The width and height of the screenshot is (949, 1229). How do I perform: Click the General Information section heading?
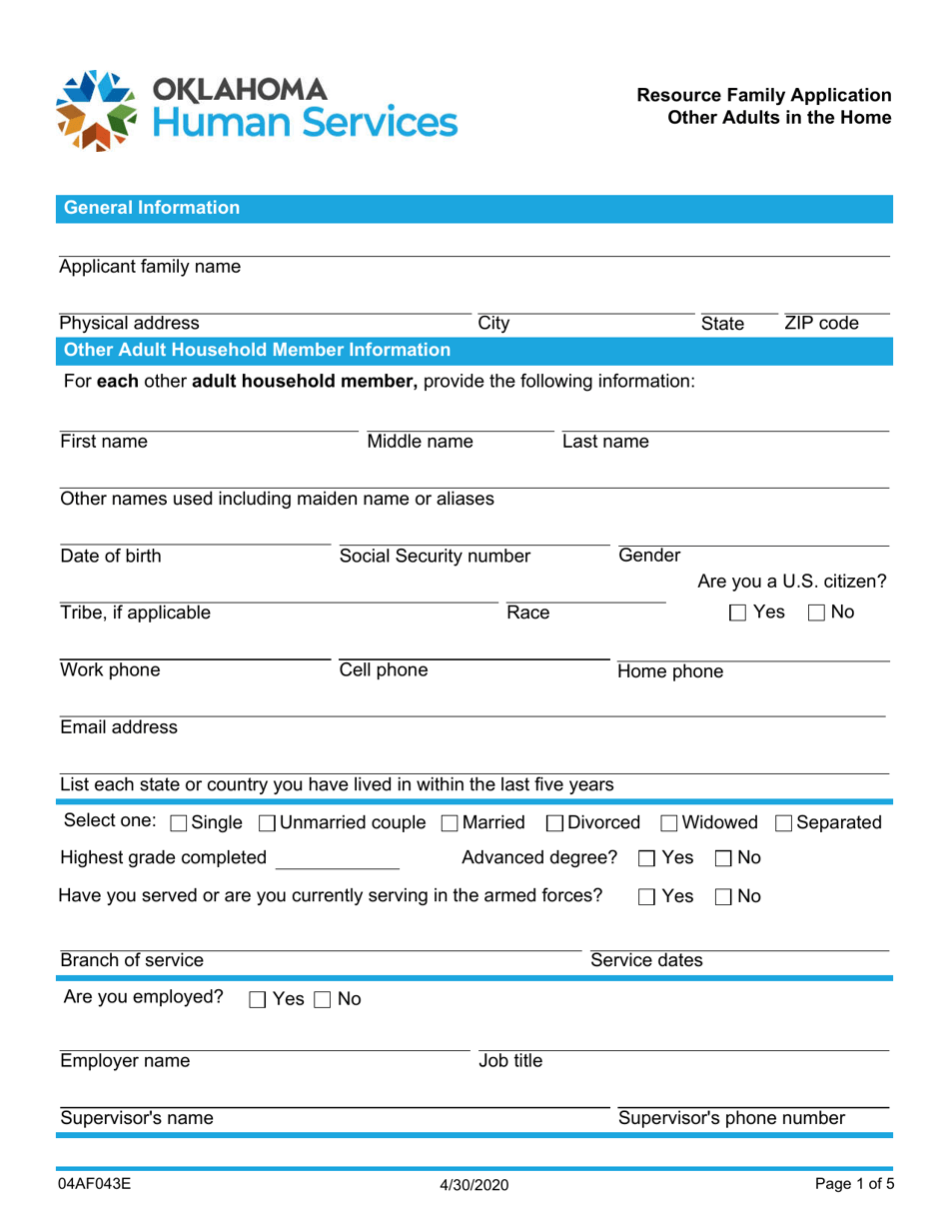[x=152, y=208]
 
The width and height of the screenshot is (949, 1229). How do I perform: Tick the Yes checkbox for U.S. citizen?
[x=738, y=613]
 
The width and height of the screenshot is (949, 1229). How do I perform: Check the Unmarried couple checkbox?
[x=267, y=823]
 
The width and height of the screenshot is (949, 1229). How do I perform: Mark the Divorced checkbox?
[x=554, y=823]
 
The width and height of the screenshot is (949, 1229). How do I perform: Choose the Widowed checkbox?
[x=669, y=823]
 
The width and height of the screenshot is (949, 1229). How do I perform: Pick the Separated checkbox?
[x=784, y=823]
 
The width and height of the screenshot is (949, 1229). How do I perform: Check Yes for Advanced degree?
[x=646, y=857]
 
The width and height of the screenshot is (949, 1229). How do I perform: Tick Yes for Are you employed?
[x=257, y=999]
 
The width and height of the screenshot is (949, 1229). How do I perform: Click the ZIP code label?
[x=821, y=323]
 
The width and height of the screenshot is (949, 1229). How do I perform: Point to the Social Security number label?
[x=435, y=556]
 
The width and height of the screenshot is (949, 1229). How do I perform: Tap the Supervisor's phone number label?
[x=732, y=1118]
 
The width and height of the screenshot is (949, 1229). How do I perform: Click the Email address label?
[x=119, y=727]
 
